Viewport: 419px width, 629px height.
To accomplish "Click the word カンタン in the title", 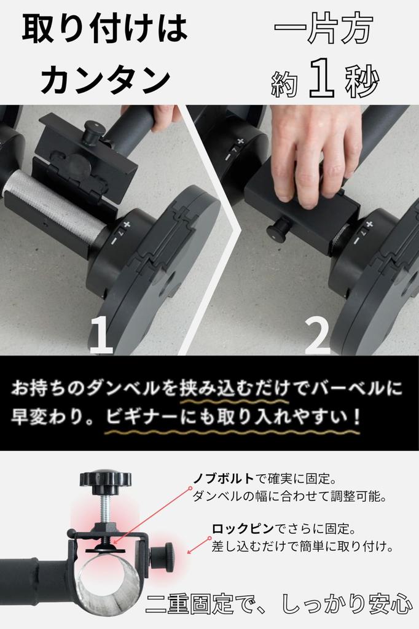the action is (x=105, y=79).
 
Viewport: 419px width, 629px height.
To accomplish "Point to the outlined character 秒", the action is (x=362, y=81).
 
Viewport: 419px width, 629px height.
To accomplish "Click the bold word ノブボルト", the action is (x=224, y=479).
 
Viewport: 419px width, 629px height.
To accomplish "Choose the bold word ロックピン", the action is (x=243, y=529).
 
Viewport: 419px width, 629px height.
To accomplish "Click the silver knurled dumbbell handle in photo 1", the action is (x=52, y=205).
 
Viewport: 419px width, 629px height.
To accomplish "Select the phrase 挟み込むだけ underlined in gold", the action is (x=235, y=388).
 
